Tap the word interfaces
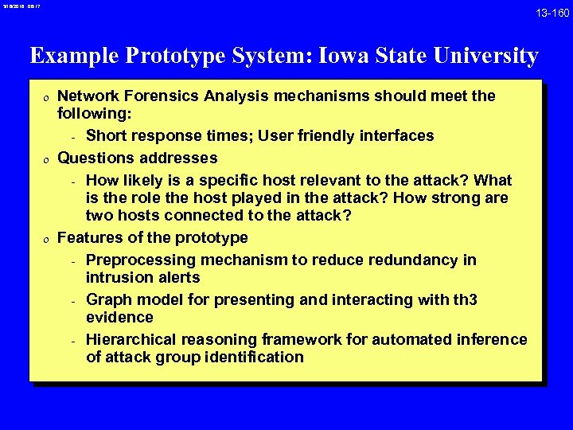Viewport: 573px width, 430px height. (x=396, y=136)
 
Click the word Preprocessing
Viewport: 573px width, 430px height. (x=143, y=260)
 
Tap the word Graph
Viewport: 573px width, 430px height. (x=108, y=300)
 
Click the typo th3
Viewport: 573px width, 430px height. (x=462, y=300)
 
